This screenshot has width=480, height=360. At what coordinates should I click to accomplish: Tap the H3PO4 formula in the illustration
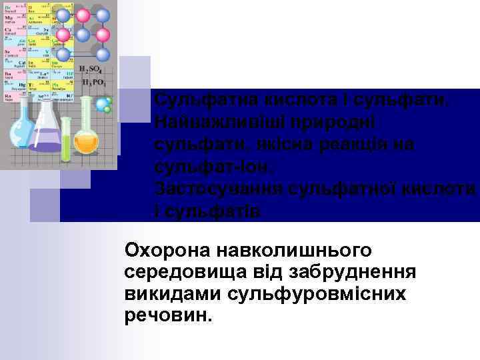pos(93,83)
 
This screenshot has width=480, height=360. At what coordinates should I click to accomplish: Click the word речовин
pos(168,315)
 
